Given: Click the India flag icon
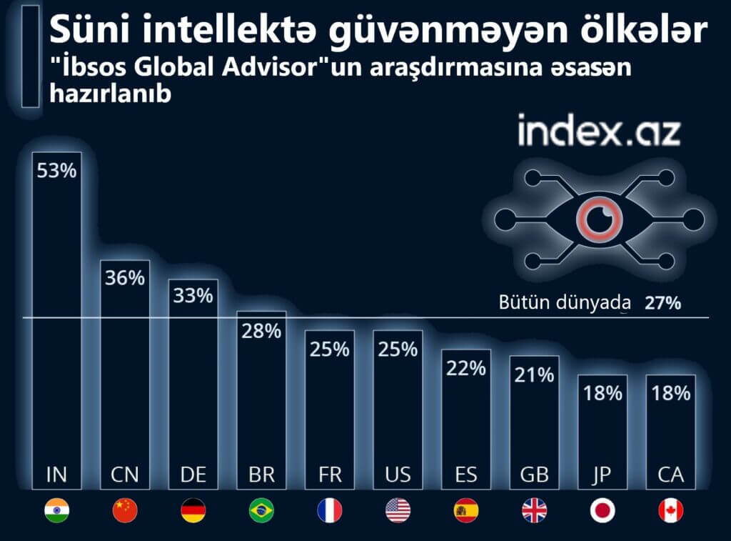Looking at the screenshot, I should (57, 510).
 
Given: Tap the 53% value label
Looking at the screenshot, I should (57, 172).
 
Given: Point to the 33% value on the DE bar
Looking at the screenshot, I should (193, 295).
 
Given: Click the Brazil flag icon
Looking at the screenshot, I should (261, 510).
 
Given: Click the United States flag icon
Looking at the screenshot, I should (398, 510).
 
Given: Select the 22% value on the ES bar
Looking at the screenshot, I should (466, 368).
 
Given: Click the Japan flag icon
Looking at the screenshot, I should (603, 510).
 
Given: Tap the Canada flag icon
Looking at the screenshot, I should (670, 510).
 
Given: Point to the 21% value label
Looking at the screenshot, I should (534, 374).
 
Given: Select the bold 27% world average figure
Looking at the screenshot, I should (662, 302).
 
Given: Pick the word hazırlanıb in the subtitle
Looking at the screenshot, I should (110, 94).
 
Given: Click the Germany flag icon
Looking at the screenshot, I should (193, 510).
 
